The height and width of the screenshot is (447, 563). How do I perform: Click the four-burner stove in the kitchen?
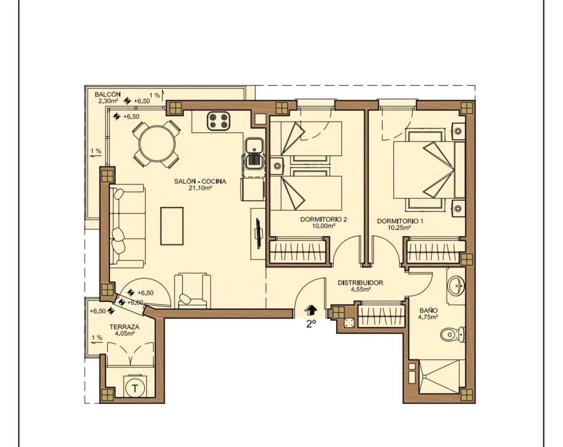(x=219, y=120)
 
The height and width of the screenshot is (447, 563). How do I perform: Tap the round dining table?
(x=157, y=144)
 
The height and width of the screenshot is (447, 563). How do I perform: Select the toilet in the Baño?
(x=453, y=335)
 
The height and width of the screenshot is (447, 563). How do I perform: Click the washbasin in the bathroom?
(x=456, y=286)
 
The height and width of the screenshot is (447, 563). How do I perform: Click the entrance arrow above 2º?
(x=311, y=310)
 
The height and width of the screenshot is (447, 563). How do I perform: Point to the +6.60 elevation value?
(x=135, y=303)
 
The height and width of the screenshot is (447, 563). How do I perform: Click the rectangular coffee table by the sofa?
(x=172, y=226)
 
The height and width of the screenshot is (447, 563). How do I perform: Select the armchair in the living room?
(x=192, y=291)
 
